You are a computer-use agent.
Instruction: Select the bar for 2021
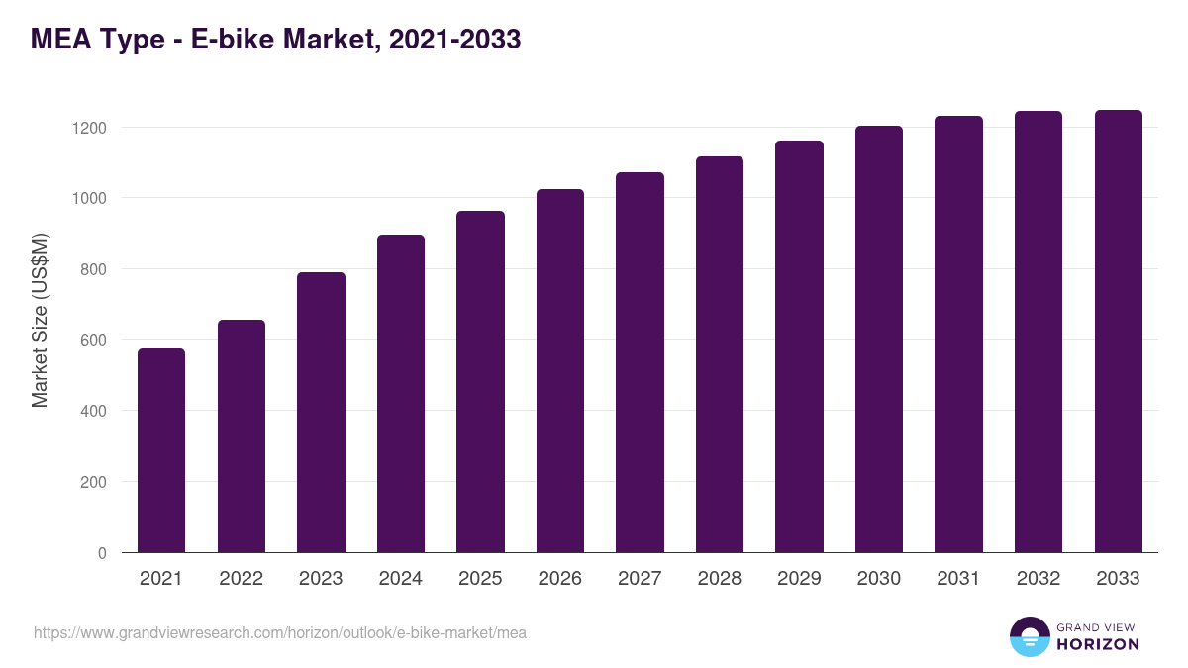pos(161,450)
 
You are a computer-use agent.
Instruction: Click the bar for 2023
pos(321,412)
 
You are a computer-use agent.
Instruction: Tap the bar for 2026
pos(560,370)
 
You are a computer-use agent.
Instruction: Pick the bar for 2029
pos(799,346)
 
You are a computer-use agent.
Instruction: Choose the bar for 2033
pos(1118,331)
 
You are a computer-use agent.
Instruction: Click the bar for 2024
pos(401,393)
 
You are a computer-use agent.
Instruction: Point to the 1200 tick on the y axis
pos(88,128)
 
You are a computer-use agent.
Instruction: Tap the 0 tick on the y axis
pos(102,553)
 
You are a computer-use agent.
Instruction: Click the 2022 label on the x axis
pos(242,579)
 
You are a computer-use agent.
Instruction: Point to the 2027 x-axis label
pos(640,579)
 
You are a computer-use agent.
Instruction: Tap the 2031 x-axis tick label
pos(958,579)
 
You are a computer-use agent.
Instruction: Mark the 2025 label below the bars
pos(480,579)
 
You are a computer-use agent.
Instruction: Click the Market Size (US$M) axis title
pos(40,319)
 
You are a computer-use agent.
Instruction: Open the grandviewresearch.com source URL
pos(280,632)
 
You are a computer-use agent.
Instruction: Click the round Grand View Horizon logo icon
pos(1029,636)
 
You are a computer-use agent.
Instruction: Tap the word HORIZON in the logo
pos(1098,644)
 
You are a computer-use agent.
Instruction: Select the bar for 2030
pos(879,338)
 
